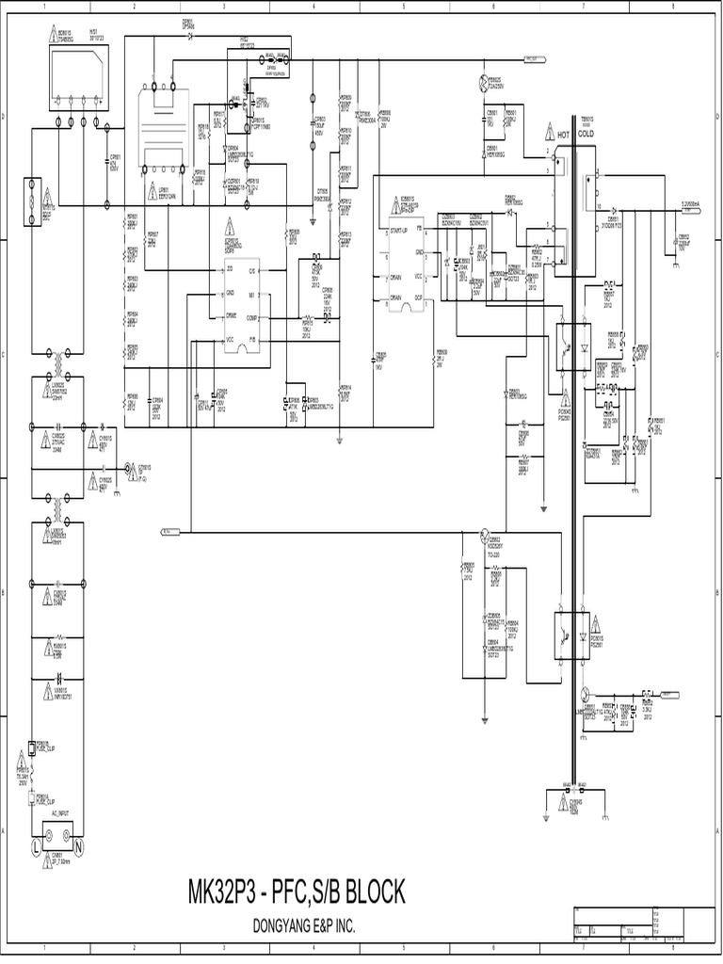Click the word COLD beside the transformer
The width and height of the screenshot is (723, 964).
[586, 135]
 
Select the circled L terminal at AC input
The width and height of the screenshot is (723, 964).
[37, 847]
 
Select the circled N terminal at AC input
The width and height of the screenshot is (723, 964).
[79, 847]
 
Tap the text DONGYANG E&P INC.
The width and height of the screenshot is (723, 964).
[304, 927]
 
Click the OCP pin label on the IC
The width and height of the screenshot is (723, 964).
[418, 297]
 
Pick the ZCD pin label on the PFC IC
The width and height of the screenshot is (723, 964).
[230, 269]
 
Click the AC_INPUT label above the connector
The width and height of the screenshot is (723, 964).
[60, 811]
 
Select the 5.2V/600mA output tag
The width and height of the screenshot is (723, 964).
[697, 202]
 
